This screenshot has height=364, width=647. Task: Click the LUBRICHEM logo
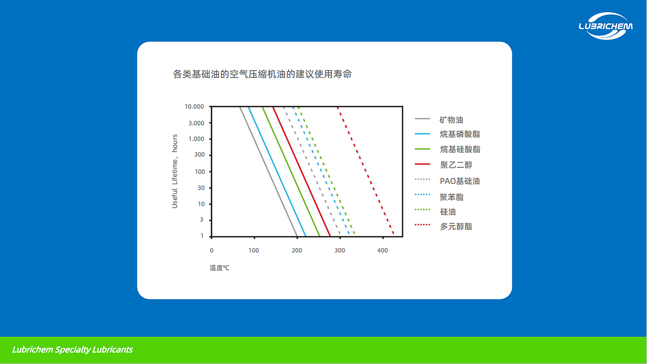pos(605,26)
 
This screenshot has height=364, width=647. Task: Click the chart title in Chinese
pos(262,74)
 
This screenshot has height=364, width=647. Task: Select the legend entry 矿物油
pos(451,120)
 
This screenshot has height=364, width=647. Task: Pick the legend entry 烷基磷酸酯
pos(459,134)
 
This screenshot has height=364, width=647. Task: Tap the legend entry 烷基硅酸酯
pos(459,149)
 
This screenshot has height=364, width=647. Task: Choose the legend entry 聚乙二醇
pos(456,165)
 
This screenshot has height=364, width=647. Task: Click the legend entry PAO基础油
pos(459,180)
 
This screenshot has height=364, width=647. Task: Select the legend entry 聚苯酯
pos(451,197)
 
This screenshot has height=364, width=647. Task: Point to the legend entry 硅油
pos(448,211)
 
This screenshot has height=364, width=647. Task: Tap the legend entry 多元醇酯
pos(456,226)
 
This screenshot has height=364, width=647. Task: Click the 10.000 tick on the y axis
pos(194,107)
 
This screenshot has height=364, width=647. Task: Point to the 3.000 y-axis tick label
pos(196,123)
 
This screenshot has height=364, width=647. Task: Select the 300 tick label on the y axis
pos(199,155)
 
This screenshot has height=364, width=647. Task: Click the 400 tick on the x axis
pos(382,250)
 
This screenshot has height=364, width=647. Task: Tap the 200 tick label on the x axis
pos(297,250)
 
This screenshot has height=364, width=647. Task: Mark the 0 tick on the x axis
pos(212,250)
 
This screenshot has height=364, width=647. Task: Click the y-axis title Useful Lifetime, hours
pos(175,171)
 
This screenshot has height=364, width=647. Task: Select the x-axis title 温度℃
pos(219,267)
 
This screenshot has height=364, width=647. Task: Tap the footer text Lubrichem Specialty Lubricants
pos(72,350)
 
